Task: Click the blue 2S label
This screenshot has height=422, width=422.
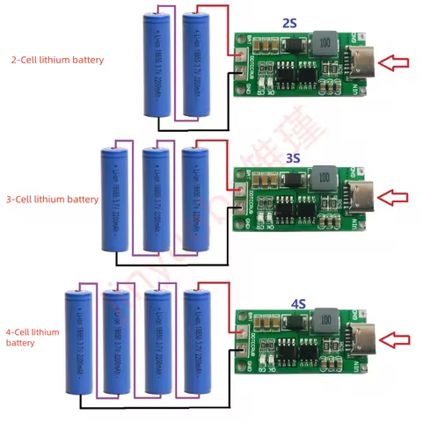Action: pyautogui.click(x=290, y=21)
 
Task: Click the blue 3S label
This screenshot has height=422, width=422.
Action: pyautogui.click(x=293, y=158)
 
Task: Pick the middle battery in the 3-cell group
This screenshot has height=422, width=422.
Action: pyautogui.click(x=156, y=201)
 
